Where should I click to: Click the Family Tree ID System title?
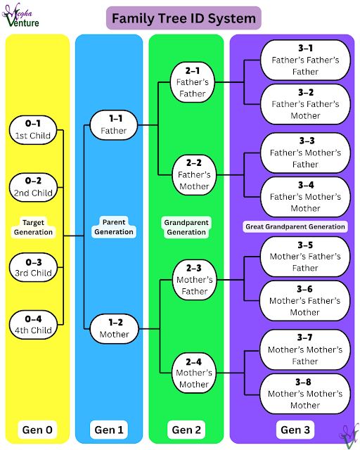(184, 18)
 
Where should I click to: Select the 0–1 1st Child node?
(34, 130)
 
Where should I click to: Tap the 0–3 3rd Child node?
(34, 266)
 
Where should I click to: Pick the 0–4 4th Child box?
(34, 324)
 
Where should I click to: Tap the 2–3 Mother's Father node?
(192, 280)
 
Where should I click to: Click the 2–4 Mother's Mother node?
(192, 373)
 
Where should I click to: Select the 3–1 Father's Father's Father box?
(305, 60)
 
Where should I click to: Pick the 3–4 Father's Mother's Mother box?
(305, 197)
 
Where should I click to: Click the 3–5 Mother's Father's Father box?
(305, 257)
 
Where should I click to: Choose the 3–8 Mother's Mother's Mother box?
(305, 394)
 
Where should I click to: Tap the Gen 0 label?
(37, 429)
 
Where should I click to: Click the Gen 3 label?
(295, 429)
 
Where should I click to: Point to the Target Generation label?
(34, 226)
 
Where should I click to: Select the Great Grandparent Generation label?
(295, 226)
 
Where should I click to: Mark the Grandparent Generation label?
(186, 227)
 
